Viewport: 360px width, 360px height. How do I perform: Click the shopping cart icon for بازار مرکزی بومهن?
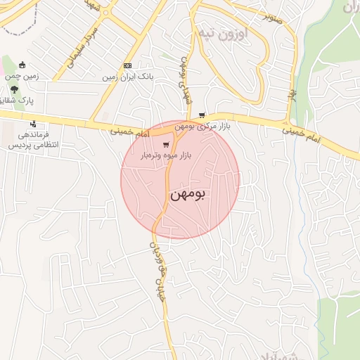coord(202,115)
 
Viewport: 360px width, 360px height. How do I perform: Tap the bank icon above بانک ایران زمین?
coord(127,66)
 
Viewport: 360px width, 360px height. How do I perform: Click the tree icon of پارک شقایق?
coord(14,89)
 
